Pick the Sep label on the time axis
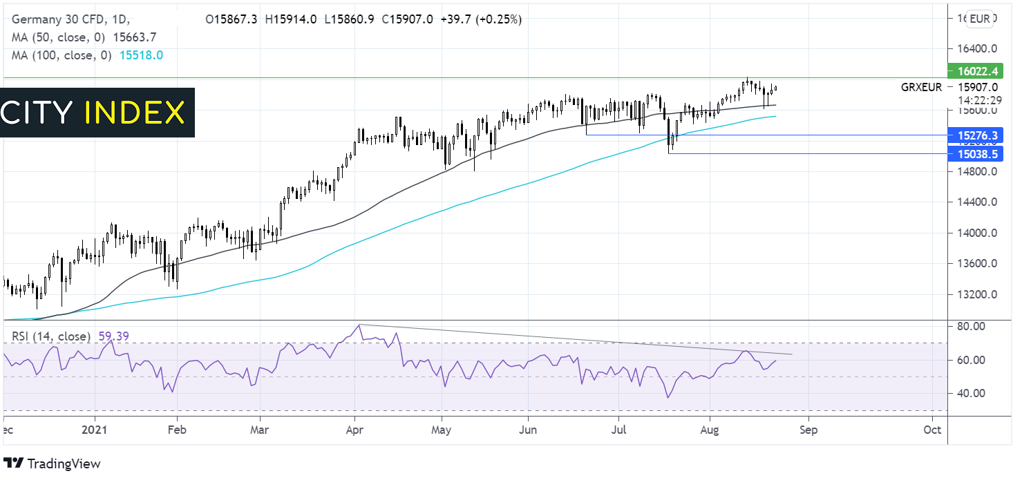808,428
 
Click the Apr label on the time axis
354,428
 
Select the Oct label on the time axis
932,428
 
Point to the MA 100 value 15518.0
141,55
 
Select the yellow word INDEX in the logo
135,113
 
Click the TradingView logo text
63,463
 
